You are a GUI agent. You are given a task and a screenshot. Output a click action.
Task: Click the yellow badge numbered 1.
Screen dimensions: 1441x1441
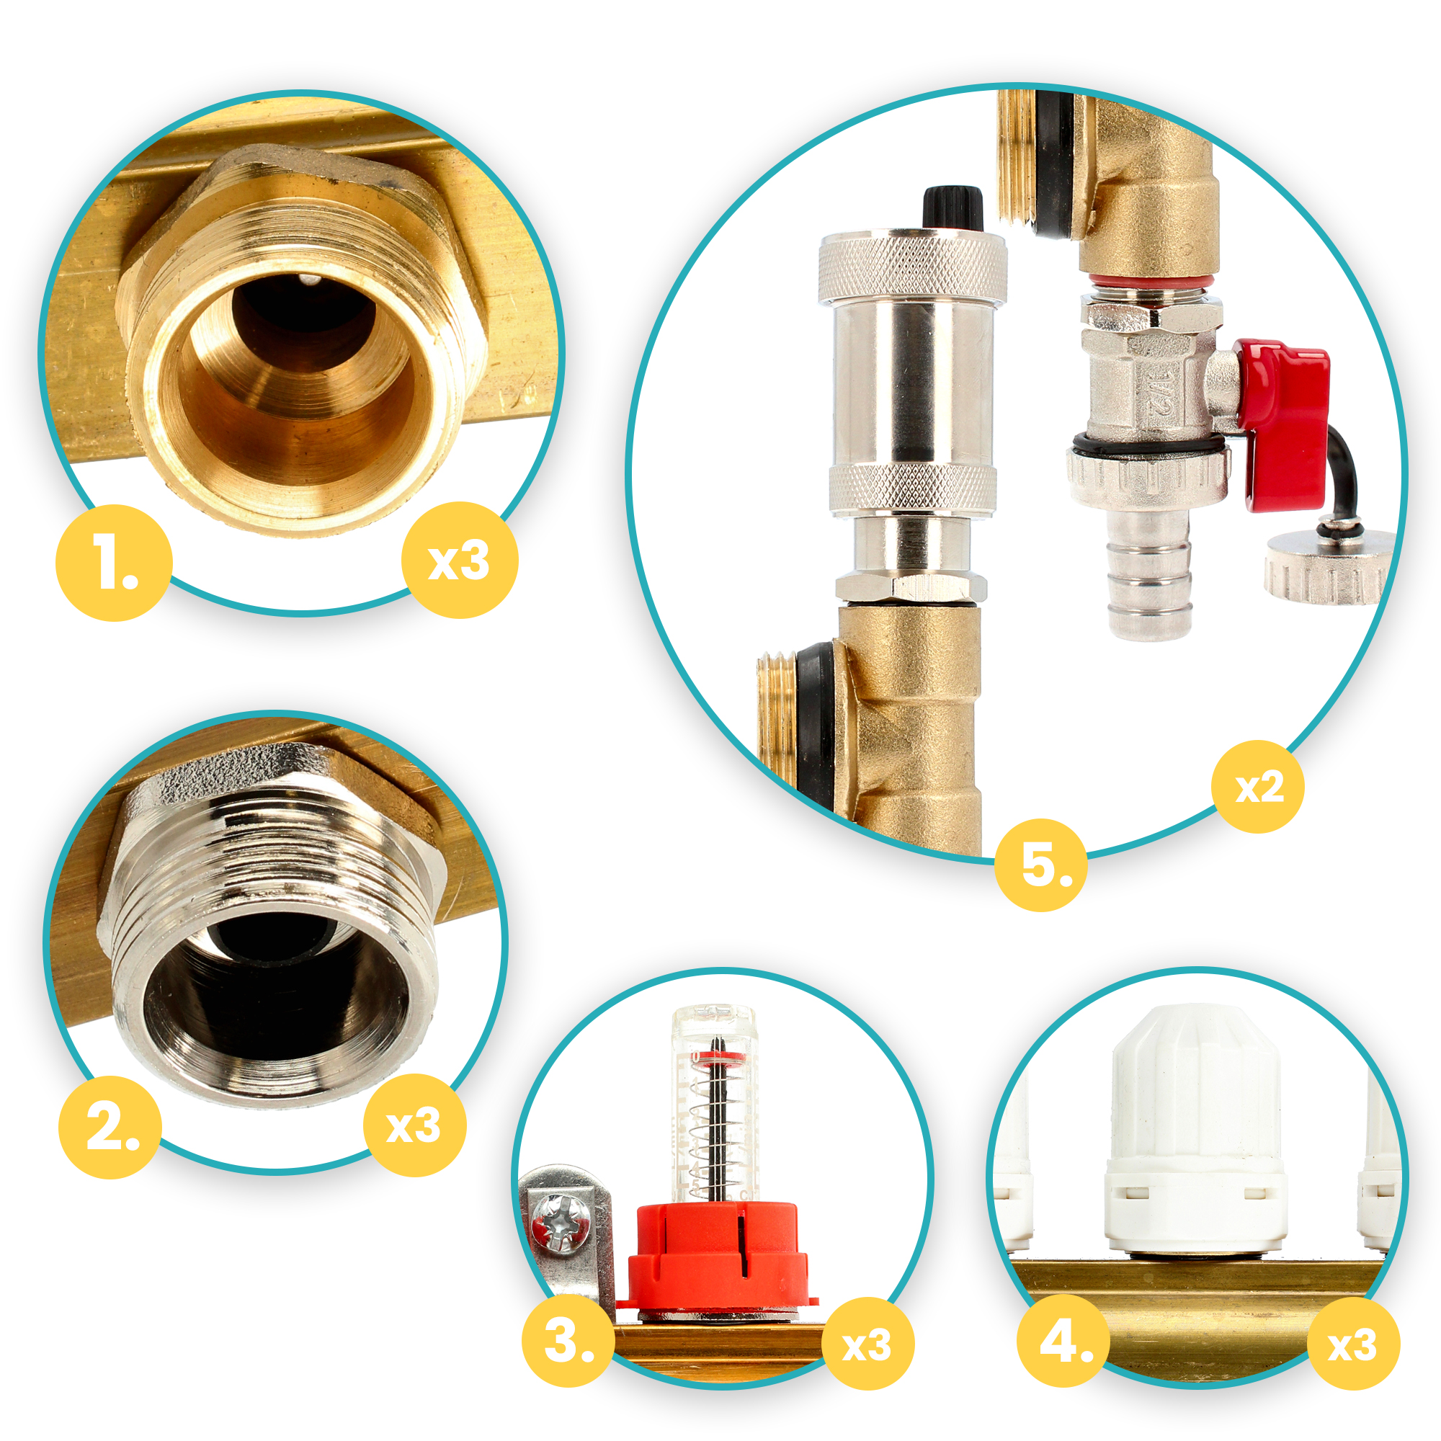click(x=114, y=563)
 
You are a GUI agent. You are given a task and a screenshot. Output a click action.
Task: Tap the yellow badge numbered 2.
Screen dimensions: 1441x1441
click(x=110, y=1127)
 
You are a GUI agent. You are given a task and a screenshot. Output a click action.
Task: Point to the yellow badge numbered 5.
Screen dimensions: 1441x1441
click(x=1041, y=865)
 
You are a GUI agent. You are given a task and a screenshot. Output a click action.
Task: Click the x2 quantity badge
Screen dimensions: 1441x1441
click(x=1258, y=787)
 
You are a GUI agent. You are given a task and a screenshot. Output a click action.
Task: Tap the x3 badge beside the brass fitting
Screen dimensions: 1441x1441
click(x=460, y=560)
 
